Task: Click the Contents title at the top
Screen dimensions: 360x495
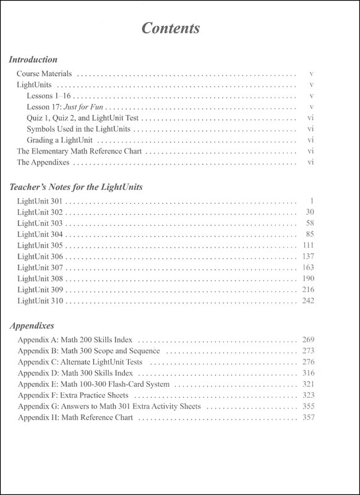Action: pos(170,28)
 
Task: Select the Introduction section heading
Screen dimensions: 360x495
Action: pos(33,60)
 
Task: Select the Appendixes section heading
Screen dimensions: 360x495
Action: pos(32,325)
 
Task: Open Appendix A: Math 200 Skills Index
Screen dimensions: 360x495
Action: pos(79,340)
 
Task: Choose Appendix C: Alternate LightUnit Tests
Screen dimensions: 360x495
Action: pos(84,362)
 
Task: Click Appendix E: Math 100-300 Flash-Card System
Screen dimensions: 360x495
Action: pos(90,384)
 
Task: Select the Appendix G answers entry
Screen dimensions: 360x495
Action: pos(113,407)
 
